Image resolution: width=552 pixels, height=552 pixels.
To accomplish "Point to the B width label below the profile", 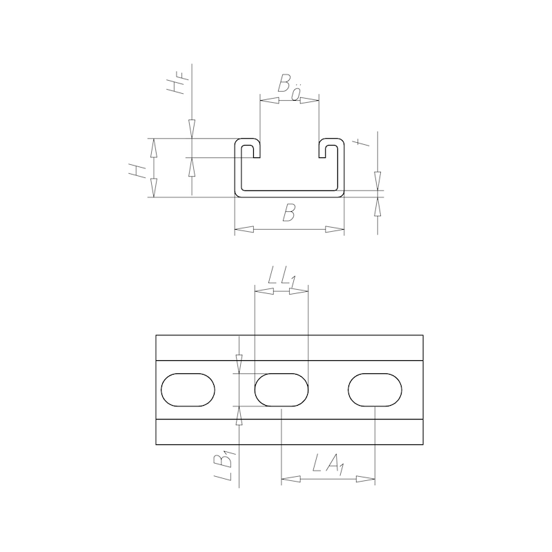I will pyautogui.click(x=290, y=215).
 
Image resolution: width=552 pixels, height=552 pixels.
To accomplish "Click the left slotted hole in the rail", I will pyautogui.click(x=188, y=391).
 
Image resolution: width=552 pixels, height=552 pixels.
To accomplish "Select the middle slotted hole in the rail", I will pyautogui.click(x=281, y=391).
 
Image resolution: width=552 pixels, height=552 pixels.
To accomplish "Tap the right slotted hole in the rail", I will pyautogui.click(x=375, y=391).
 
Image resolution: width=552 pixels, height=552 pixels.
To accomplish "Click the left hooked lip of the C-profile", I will pyautogui.click(x=248, y=148).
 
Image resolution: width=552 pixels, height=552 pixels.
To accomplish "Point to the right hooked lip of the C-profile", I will pyautogui.click(x=331, y=148).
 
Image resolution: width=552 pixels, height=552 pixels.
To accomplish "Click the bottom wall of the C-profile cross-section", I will pyautogui.click(x=290, y=194).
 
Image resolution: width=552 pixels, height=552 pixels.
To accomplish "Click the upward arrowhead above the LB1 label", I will pyautogui.click(x=239, y=415).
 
